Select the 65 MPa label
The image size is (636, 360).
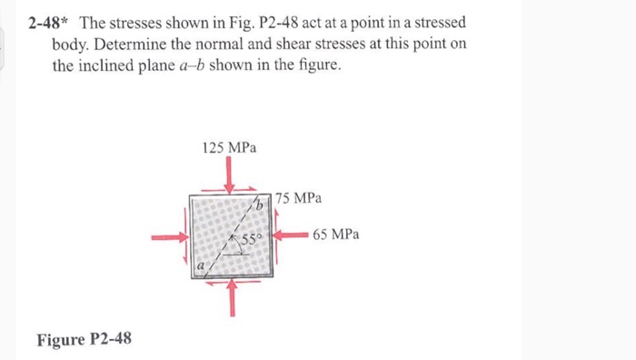tap(335, 234)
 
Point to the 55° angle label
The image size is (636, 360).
tap(251, 239)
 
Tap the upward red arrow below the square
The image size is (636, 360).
tap(234, 296)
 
